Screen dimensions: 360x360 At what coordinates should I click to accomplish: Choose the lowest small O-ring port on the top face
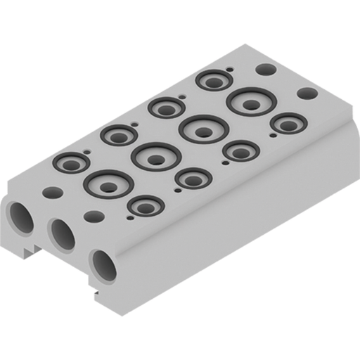click(146, 206)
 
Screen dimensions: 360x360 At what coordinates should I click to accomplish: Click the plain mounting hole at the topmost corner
click(265, 70)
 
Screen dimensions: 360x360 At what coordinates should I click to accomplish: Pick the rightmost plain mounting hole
click(306, 93)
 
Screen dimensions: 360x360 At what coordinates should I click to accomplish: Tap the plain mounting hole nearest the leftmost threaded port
click(51, 191)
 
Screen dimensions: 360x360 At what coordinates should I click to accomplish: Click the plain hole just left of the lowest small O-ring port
click(92, 217)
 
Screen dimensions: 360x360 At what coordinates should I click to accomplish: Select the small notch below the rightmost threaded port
click(93, 285)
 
